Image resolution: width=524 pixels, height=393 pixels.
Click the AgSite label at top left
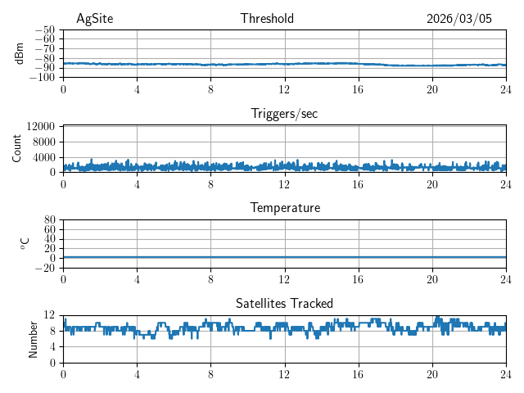click(93, 19)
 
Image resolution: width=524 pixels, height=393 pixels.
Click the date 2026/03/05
click(459, 19)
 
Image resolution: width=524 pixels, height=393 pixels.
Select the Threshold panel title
click(267, 19)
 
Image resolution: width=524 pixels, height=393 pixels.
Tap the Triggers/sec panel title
click(284, 114)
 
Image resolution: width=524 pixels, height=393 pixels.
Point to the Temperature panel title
click(285, 208)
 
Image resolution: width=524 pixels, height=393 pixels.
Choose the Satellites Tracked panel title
click(284, 303)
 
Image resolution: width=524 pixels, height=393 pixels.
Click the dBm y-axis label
click(20, 52)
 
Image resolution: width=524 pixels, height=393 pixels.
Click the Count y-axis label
click(17, 148)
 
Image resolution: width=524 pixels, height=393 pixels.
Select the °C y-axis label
click(25, 243)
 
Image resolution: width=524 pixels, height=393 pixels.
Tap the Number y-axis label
click(34, 338)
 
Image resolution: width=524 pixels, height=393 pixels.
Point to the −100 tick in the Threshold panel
click(43, 78)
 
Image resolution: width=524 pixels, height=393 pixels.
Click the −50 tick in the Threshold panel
click(46, 29)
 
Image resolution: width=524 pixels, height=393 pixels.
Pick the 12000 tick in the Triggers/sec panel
click(41, 126)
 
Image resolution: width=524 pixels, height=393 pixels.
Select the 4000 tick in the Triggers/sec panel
click(44, 157)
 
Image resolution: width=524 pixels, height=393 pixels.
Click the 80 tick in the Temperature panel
click(50, 220)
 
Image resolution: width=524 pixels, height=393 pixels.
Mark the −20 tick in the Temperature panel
click(46, 268)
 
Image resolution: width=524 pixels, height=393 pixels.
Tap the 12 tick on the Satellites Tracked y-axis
click(50, 315)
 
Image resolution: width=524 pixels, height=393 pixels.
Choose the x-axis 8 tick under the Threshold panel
click(210, 89)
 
